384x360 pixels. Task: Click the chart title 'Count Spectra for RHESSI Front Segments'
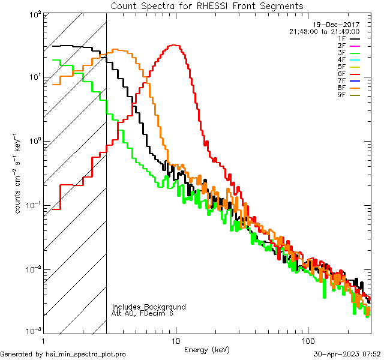(207, 5)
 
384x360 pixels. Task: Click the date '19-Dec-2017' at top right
(340, 25)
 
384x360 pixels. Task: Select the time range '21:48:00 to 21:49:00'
(324, 32)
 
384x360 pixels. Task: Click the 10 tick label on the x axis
(175, 341)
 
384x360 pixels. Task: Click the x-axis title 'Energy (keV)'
(207, 349)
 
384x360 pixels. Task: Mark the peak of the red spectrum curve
(175, 45)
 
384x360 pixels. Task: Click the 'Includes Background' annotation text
(149, 307)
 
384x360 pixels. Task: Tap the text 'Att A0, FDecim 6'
(143, 313)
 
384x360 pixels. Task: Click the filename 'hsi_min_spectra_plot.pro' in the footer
(85, 354)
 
